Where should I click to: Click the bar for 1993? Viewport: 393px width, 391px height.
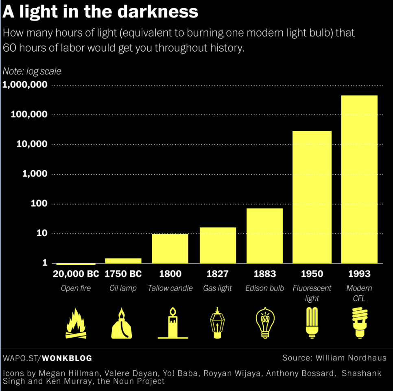pyautogui.click(x=359, y=179)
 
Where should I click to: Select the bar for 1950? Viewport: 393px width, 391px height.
pyautogui.click(x=312, y=197)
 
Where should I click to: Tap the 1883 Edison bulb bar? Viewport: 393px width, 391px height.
pyautogui.click(x=264, y=235)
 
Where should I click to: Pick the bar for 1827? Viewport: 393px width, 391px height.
pyautogui.click(x=218, y=245)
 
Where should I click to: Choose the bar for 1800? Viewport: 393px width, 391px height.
pyautogui.click(x=170, y=248)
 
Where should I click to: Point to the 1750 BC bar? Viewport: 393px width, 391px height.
pyautogui.click(x=123, y=261)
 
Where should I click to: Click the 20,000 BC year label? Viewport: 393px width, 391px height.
pyautogui.click(x=76, y=274)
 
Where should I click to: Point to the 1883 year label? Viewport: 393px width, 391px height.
pyautogui.click(x=264, y=274)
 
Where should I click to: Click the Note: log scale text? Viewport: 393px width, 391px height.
pyautogui.click(x=32, y=71)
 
